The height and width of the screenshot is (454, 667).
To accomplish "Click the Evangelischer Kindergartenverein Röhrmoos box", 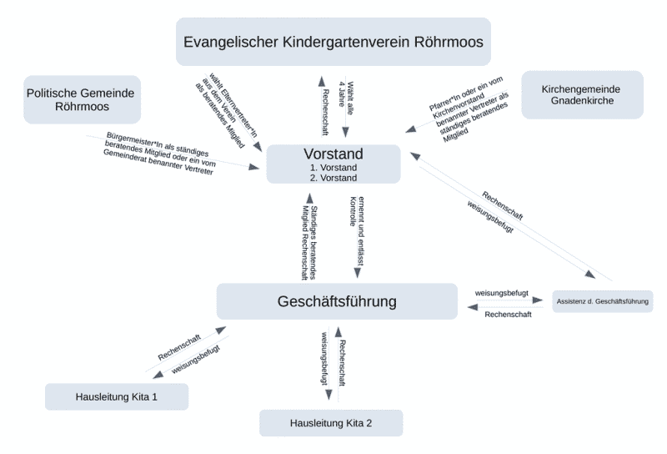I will point(333,41).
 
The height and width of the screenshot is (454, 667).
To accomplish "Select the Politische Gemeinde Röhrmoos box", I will point(82,100).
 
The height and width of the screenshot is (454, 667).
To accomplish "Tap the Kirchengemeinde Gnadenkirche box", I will point(582,94).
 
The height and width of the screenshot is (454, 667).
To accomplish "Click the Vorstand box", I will point(333,164).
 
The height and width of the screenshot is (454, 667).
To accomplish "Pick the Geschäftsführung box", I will point(337,300).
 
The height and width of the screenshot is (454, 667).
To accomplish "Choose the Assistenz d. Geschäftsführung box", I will point(602,300).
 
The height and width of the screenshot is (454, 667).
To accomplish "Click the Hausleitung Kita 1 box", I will point(116,396).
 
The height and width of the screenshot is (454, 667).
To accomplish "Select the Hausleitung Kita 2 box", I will point(331,423).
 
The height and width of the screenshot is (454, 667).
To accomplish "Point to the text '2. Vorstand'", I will point(333,177).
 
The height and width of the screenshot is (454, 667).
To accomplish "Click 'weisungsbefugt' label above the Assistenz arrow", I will point(500,294).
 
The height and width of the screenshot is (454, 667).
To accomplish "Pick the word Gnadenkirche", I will point(582,101).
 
